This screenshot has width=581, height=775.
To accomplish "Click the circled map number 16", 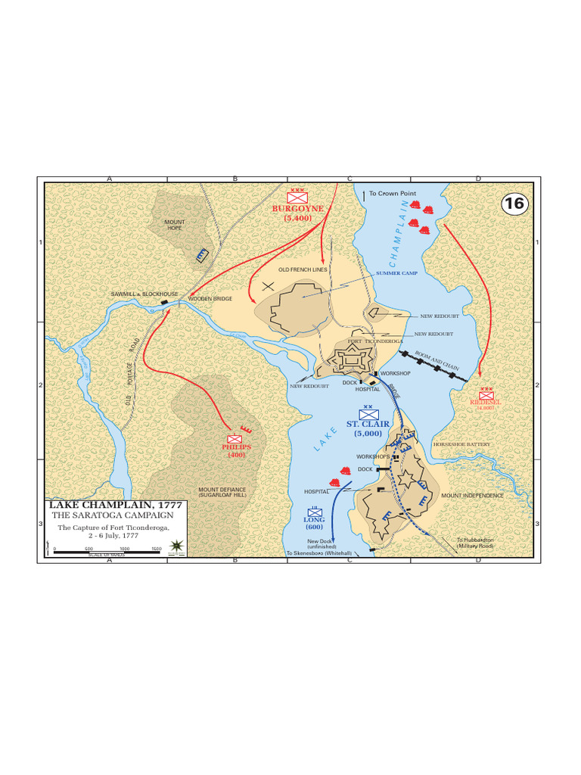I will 514,203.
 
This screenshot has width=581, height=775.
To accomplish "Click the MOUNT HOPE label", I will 175,225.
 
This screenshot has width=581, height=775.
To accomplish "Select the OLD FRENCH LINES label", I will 302,269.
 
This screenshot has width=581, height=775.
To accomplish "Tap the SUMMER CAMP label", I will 396,272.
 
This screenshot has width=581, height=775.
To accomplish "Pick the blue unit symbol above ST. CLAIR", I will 368,413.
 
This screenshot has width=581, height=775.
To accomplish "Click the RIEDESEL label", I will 485,403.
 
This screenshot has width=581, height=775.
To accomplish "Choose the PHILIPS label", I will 236,447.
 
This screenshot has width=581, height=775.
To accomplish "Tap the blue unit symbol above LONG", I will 315,511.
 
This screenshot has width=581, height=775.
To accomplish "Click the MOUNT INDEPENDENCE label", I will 472,496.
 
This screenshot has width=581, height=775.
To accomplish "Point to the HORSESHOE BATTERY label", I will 461,444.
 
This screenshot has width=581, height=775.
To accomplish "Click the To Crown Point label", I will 393,194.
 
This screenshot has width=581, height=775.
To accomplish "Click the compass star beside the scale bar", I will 178,546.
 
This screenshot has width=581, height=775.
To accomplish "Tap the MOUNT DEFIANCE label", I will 222,493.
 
